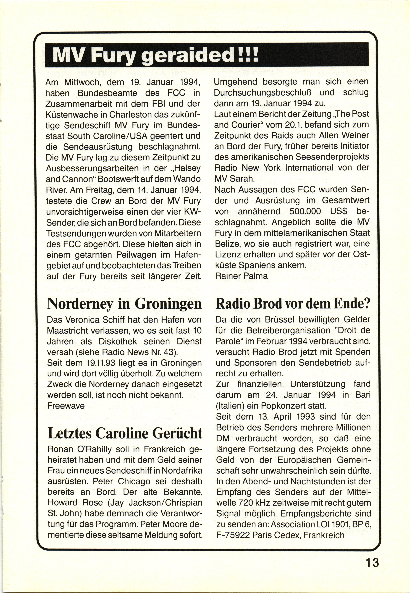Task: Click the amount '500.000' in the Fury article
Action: [305, 211]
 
